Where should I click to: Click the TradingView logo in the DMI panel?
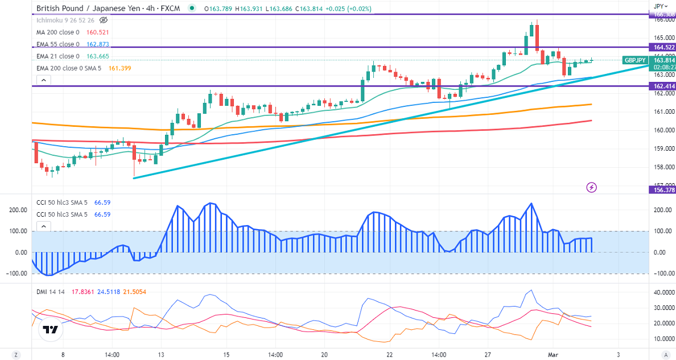51,329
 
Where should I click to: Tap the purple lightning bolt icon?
592,187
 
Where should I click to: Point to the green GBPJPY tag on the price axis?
634,60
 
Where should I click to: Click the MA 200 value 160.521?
98,32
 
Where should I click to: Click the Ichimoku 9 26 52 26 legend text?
65,20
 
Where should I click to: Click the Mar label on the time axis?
552,354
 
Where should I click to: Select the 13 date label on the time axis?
161,354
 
